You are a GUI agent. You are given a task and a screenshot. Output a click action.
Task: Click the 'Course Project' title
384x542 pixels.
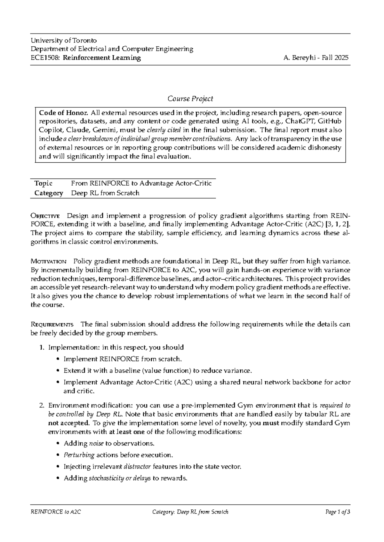(x=190, y=99)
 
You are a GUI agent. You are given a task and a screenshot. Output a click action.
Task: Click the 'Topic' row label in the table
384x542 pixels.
(x=43, y=183)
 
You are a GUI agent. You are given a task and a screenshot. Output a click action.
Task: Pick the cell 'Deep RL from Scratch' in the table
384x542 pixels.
(x=105, y=193)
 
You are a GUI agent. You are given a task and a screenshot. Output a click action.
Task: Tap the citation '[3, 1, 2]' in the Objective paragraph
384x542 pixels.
(x=337, y=224)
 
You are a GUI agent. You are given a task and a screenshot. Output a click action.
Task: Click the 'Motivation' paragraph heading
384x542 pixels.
(x=48, y=261)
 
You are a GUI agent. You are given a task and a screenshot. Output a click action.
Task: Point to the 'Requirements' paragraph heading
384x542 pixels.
(x=52, y=324)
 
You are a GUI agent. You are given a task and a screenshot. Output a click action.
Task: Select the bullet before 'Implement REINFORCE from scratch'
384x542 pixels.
(x=58, y=359)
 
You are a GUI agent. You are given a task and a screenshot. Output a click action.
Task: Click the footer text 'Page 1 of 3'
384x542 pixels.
(x=338, y=512)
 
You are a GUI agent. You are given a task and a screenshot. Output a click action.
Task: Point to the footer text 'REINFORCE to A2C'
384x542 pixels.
(x=56, y=512)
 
